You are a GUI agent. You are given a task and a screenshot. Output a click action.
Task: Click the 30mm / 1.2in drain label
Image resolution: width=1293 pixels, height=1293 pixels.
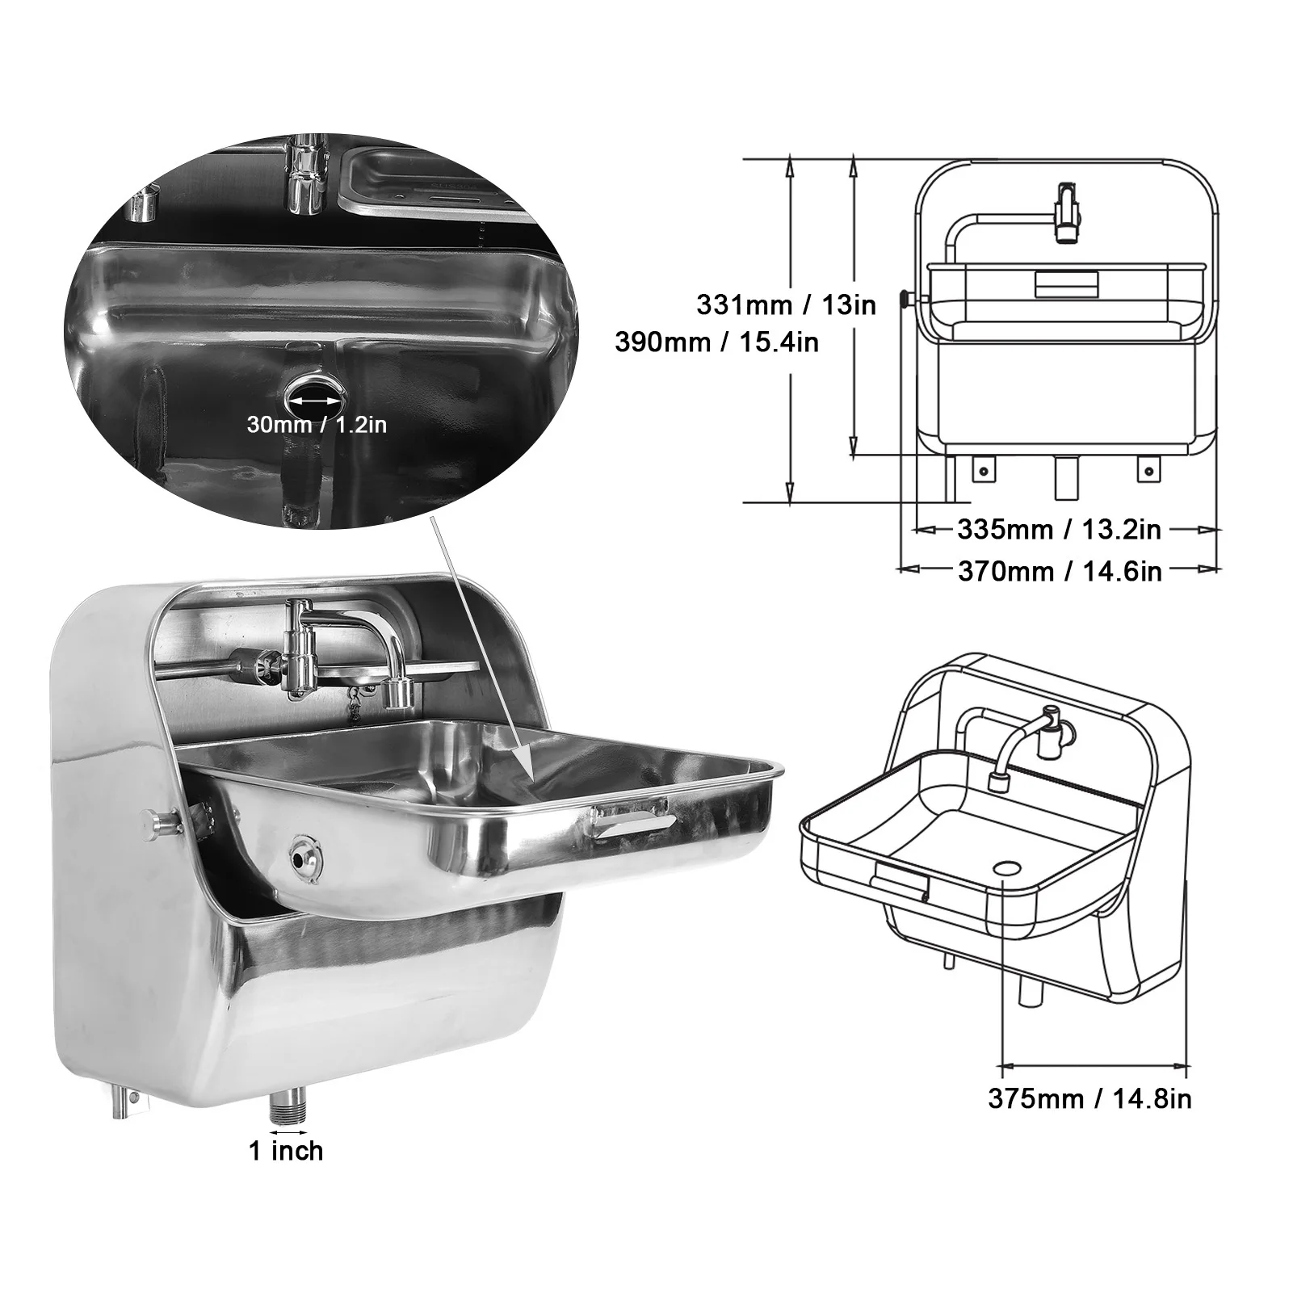point(317,424)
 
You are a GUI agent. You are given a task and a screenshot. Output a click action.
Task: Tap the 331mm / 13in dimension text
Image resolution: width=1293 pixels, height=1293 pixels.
point(786,304)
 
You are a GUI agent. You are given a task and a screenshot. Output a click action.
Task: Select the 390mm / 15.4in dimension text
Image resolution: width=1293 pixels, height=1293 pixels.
point(716,342)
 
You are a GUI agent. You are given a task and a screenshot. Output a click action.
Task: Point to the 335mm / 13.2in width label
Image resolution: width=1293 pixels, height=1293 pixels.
point(1059,530)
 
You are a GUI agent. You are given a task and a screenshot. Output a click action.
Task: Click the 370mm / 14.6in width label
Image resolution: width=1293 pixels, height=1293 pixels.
point(1060,572)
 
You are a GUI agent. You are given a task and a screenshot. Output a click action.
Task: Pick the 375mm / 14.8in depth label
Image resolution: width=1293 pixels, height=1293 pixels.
point(1089,1098)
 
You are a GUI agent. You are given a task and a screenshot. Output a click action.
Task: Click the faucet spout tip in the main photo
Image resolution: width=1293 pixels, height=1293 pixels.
point(397,695)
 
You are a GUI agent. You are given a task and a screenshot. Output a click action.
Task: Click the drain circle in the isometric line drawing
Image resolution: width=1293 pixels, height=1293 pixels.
point(1006,867)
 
